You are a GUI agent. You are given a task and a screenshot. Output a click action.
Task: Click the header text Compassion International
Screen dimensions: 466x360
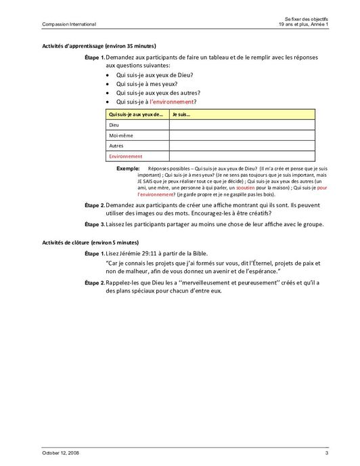(60, 25)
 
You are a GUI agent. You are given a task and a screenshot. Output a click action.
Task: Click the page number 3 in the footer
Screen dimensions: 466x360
(326, 452)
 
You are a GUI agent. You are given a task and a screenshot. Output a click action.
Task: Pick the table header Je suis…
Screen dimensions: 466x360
(182, 114)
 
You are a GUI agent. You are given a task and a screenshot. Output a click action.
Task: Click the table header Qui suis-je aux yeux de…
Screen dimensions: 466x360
(135, 114)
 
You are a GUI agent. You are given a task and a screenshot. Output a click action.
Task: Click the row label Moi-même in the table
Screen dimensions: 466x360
(120, 135)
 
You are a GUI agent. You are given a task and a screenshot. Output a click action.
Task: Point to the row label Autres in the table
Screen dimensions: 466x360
(116, 146)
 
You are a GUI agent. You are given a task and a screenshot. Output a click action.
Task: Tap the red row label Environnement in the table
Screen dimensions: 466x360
(126, 156)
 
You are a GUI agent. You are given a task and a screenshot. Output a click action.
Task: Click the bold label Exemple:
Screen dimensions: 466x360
(129, 167)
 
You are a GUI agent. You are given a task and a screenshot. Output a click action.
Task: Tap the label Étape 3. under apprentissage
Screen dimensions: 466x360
(94, 224)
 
